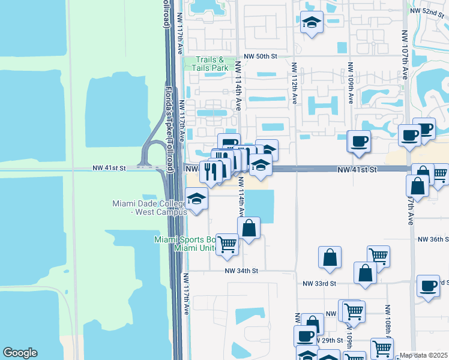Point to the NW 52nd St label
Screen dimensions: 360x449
click(428, 11)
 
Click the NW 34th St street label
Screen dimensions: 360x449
click(241, 271)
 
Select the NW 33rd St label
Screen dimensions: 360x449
click(320, 283)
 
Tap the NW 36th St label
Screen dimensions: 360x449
click(433, 239)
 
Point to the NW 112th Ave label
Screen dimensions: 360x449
click(295, 84)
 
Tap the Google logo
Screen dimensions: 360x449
click(20, 353)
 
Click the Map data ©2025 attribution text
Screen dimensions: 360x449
click(424, 355)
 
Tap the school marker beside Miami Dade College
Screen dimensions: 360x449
click(196, 199)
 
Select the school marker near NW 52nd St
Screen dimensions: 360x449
click(311, 22)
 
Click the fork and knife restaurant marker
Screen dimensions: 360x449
click(211, 172)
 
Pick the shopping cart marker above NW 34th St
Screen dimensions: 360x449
click(227, 244)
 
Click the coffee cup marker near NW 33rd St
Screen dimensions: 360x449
click(428, 286)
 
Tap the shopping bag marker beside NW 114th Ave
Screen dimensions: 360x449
click(249, 227)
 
